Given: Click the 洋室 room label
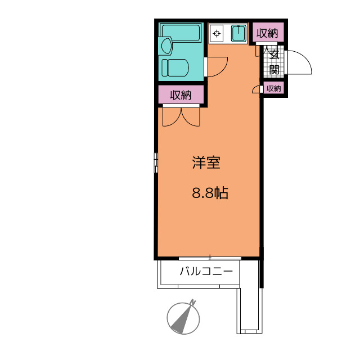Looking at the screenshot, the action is tap(206, 163).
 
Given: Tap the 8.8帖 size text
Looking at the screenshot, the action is tap(210, 193).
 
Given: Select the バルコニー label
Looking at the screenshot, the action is tap(206, 271).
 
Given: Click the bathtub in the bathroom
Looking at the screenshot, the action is tap(181, 33).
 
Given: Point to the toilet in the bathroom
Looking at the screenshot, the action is tap(175, 67).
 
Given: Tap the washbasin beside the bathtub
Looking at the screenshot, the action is tap(166, 46).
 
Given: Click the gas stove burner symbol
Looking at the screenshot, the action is tap(216, 34).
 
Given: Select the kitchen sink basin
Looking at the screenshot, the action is tap(238, 34).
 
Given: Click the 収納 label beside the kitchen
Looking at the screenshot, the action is tap(267, 33).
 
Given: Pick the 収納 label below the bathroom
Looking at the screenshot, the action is tap(181, 95).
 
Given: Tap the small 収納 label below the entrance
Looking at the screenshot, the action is tap(274, 88).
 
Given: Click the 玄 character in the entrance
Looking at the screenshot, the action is tap(274, 55).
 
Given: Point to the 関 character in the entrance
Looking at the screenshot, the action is tap(274, 69).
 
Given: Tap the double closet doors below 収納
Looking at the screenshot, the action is tap(181, 117).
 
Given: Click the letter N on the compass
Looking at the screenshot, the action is tap(193, 302).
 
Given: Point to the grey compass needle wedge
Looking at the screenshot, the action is tap(182, 319).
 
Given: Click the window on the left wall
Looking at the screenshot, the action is tap(156, 163).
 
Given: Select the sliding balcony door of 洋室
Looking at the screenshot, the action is tap(210, 259).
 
